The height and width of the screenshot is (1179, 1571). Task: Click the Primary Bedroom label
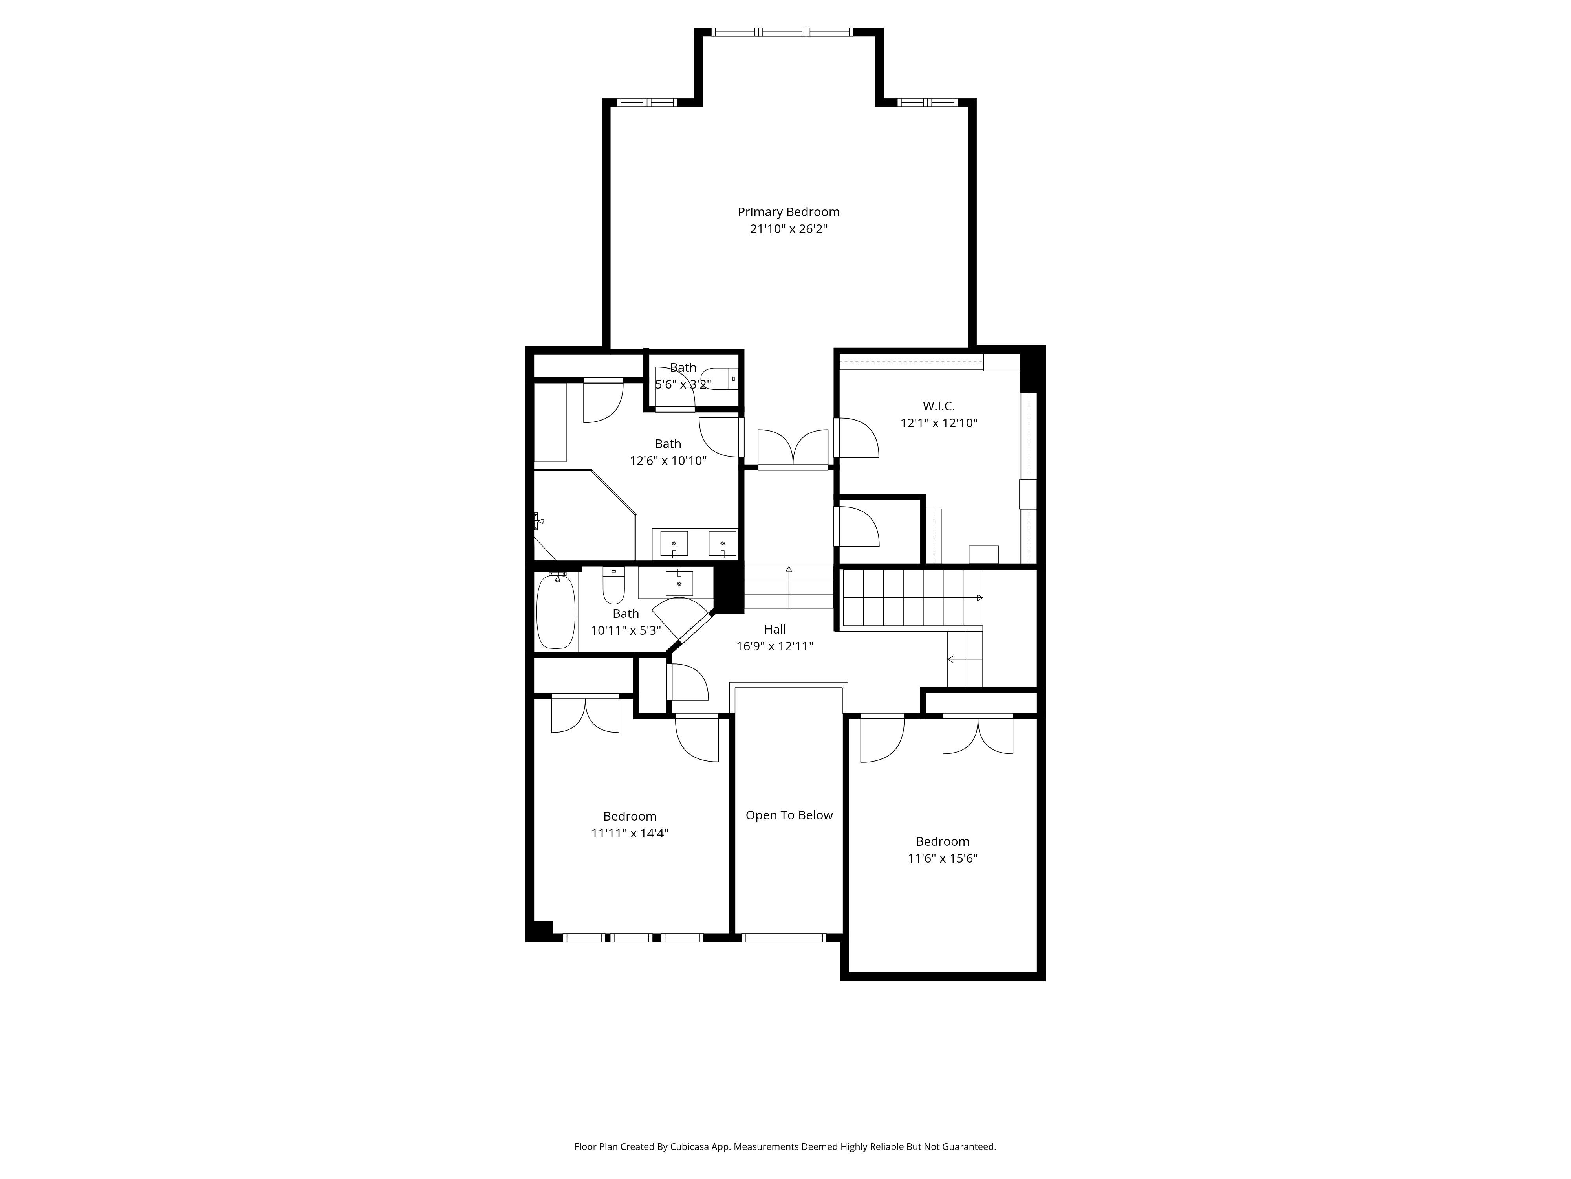tap(788, 212)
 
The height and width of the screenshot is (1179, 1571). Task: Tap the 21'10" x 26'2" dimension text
tap(788, 229)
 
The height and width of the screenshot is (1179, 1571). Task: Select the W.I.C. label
tap(939, 406)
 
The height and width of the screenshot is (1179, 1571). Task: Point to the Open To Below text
tap(789, 815)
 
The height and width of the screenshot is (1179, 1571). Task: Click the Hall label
tap(775, 629)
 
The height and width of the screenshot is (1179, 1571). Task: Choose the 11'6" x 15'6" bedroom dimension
tap(943, 858)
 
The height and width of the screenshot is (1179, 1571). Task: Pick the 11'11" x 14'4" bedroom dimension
tap(630, 833)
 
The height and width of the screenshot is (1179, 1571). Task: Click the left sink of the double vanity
tap(674, 544)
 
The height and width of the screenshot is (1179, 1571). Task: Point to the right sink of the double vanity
tap(722, 544)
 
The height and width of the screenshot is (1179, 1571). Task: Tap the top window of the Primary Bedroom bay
tap(782, 32)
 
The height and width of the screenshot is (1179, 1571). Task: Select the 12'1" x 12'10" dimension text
tap(939, 423)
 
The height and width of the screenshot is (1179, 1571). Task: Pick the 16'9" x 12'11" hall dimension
tap(775, 646)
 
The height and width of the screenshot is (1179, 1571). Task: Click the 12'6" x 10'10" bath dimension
tap(668, 461)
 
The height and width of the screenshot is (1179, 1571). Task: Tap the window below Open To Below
tap(784, 937)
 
